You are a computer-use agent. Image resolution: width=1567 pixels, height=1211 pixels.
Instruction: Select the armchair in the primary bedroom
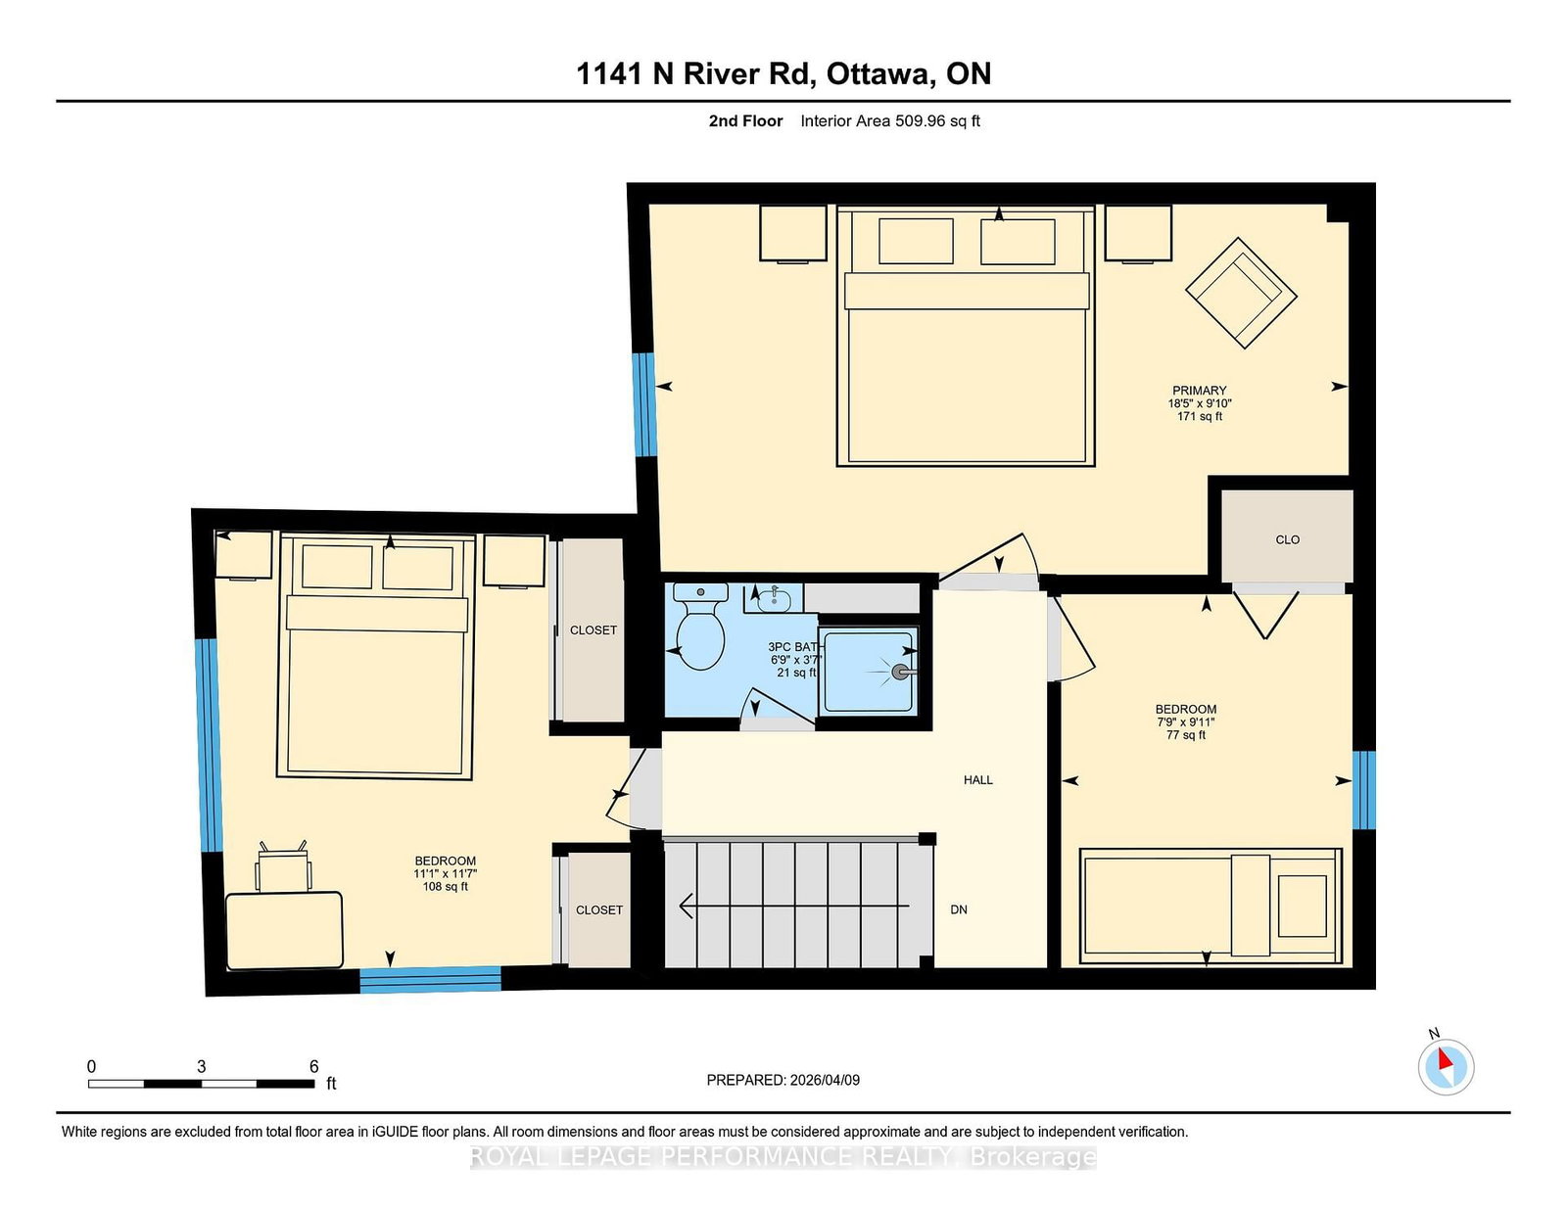coord(1241,293)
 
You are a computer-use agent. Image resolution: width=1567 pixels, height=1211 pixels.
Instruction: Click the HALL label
coord(977,779)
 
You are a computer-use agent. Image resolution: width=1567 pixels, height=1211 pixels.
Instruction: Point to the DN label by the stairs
coord(959,908)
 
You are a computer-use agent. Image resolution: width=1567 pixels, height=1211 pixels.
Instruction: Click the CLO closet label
coord(1287,539)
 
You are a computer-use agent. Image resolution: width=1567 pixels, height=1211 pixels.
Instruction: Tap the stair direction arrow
coord(794,906)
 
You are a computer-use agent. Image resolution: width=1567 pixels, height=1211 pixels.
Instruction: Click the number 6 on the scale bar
coord(313,1066)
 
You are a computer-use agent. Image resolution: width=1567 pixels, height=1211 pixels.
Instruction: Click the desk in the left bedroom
coord(284,931)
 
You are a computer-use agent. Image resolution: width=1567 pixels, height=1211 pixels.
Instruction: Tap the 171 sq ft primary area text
coord(1199,416)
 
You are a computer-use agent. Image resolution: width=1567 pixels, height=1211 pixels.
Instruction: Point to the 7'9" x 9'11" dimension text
coord(1185,722)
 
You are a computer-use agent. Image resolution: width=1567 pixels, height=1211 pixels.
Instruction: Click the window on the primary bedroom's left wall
coord(643,404)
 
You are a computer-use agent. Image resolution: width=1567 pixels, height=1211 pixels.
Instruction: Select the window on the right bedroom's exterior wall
coord(1363,790)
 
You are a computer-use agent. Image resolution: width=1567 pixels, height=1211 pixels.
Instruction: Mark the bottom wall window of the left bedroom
coord(430,980)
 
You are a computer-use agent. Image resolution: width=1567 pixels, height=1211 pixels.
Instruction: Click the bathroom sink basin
coord(774,597)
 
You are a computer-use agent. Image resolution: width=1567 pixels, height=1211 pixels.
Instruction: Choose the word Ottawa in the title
coord(879,73)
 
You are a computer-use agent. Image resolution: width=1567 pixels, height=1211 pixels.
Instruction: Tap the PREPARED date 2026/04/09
coord(825,1080)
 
